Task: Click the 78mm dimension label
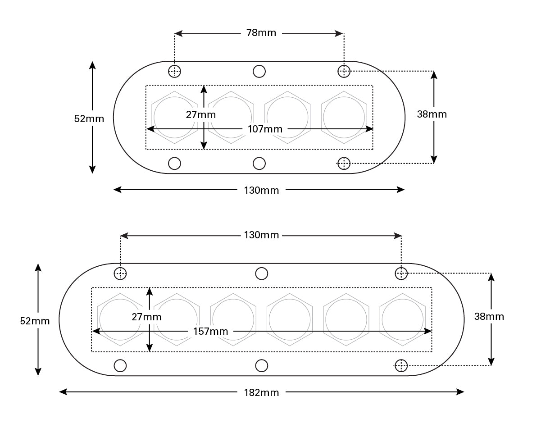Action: [261, 33]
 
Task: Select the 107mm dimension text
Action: [265, 129]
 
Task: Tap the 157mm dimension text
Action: [210, 332]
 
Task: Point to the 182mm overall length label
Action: [262, 392]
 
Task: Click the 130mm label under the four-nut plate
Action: [262, 190]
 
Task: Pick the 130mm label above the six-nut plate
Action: [262, 235]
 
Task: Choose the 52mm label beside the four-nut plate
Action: [89, 119]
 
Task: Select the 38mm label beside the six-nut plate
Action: [489, 316]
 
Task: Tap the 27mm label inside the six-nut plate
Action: [146, 317]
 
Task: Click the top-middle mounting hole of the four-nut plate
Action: [259, 71]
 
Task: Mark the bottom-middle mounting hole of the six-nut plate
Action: [262, 365]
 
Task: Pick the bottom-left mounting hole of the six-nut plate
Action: [120, 365]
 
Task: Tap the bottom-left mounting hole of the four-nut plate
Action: [174, 163]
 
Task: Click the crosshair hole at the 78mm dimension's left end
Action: [174, 71]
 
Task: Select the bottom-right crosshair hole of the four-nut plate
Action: [344, 163]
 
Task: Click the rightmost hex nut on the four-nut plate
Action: [344, 117]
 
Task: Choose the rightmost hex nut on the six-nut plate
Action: [402, 319]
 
